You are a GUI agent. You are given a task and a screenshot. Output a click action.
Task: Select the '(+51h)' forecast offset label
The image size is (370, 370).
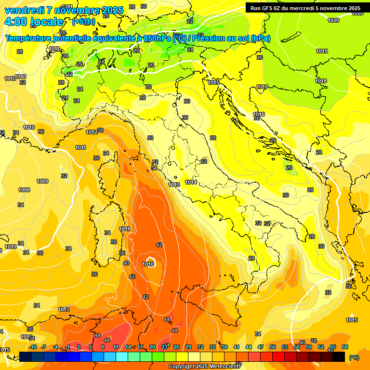(83, 22)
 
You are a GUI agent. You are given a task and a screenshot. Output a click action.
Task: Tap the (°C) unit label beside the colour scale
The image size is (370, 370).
(354, 357)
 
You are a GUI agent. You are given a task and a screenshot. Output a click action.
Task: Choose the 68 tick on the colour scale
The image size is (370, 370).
(345, 347)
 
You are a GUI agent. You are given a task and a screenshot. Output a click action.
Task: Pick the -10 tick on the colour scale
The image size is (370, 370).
(33, 347)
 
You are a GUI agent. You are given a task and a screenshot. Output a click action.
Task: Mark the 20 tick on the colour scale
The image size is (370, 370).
(152, 347)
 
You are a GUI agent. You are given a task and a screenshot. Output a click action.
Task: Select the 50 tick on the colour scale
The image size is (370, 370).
(273, 347)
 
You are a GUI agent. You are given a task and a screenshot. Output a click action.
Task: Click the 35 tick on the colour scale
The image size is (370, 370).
(212, 347)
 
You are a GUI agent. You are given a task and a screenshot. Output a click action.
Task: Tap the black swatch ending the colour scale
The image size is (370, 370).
(339, 357)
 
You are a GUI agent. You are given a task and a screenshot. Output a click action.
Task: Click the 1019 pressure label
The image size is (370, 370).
(322, 52)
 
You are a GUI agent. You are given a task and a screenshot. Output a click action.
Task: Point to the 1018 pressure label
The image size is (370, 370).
(321, 81)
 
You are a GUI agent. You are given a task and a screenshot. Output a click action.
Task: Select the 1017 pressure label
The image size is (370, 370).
(262, 87)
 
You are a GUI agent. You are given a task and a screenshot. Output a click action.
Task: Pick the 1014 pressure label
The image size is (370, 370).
(191, 183)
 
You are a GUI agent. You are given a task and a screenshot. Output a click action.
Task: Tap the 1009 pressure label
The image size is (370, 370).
(42, 181)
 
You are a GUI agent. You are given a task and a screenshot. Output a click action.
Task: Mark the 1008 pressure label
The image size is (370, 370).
(24, 190)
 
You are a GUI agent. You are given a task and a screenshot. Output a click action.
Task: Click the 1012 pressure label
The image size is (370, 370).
(92, 132)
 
